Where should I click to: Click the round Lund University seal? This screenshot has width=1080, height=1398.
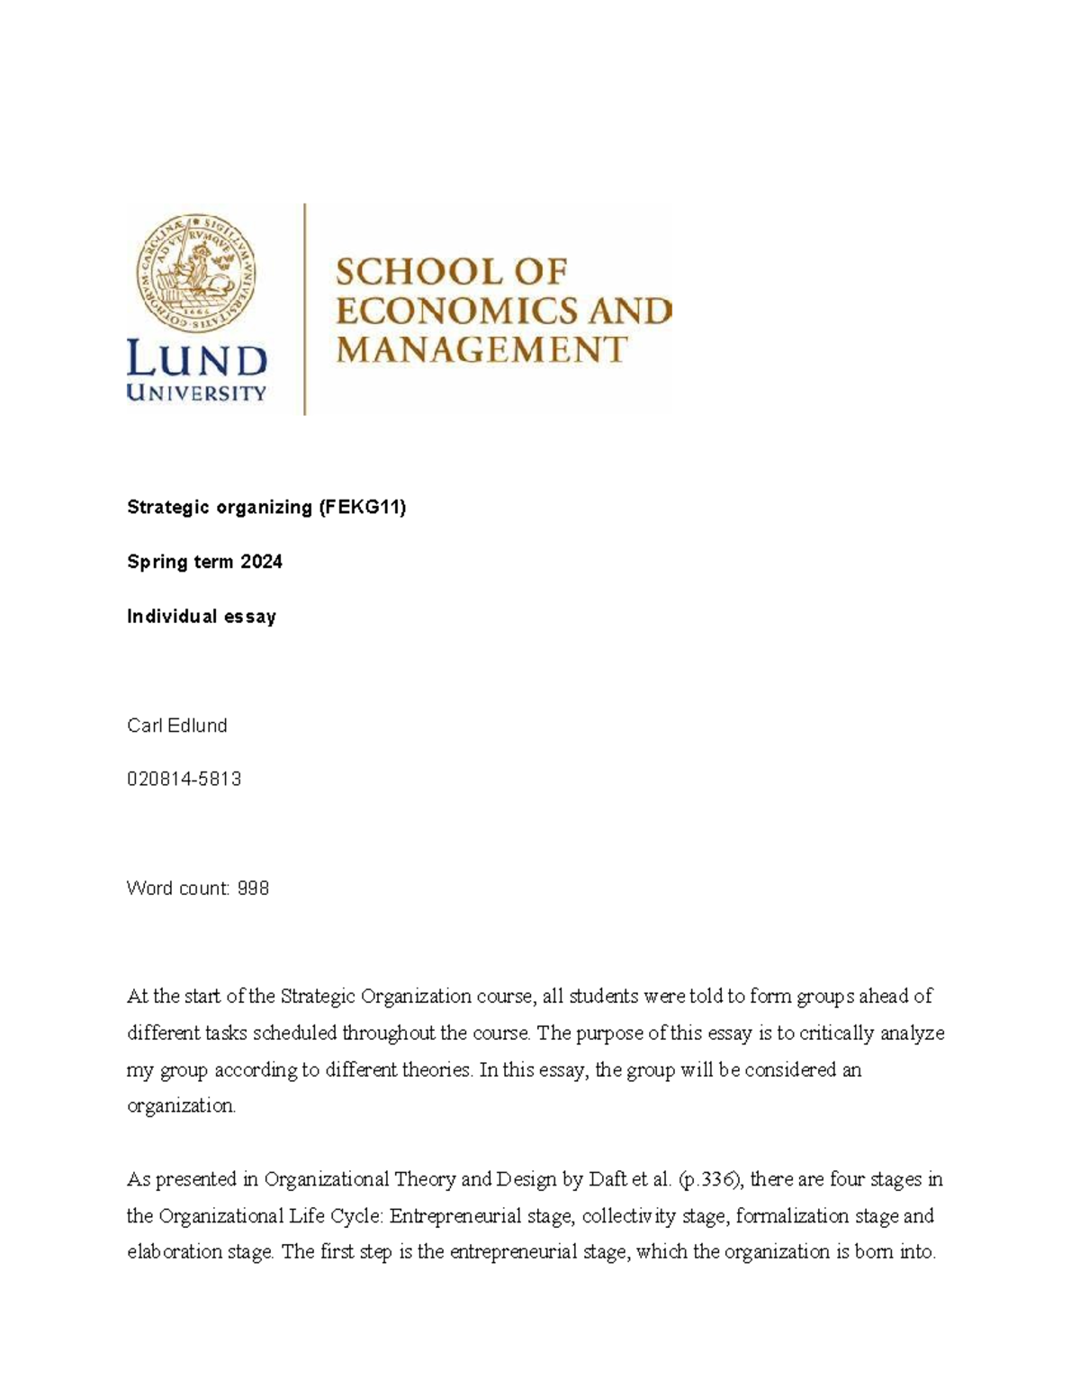(x=197, y=269)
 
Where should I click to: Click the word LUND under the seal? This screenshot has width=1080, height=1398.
(x=197, y=360)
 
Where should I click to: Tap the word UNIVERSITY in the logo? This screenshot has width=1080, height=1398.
(x=197, y=393)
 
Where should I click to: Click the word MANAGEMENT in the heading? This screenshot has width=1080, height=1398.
(x=481, y=349)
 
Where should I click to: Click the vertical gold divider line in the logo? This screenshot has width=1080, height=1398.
(x=305, y=309)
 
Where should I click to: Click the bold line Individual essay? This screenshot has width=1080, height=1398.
(x=202, y=617)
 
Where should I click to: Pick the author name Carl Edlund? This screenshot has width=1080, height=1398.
(x=177, y=726)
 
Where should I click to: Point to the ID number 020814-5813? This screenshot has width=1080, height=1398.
(x=184, y=780)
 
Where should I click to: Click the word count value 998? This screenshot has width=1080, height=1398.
(x=253, y=888)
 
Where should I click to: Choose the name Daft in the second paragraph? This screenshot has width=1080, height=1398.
(x=607, y=1179)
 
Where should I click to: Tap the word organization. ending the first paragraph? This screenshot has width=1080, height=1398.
(x=181, y=1106)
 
